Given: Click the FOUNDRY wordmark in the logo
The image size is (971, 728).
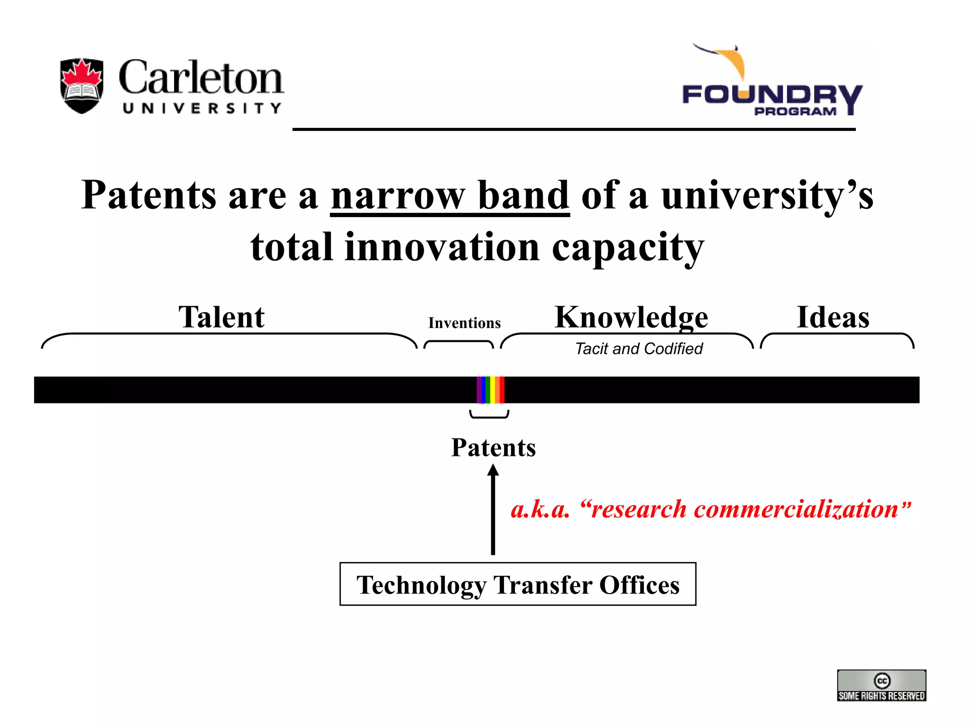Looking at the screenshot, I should click(772, 95).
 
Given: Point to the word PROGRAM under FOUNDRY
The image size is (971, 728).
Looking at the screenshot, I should click(795, 111).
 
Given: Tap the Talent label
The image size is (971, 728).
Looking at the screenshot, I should click(221, 317).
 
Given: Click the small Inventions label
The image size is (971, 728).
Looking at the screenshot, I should click(464, 323).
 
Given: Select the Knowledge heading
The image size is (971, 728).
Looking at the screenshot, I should click(631, 317).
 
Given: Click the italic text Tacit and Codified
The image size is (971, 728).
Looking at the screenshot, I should click(638, 349).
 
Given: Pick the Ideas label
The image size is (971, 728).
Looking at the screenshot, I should click(833, 317).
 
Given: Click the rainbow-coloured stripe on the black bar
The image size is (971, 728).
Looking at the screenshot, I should click(490, 390).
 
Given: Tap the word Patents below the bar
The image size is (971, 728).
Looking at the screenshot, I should click(493, 447).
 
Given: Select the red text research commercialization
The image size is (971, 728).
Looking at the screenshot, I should click(710, 510).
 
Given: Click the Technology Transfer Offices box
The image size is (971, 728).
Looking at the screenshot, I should click(518, 584).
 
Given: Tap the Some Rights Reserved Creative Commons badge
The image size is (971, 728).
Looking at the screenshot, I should click(881, 685).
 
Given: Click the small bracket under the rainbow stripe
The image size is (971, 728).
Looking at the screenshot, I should click(489, 416).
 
